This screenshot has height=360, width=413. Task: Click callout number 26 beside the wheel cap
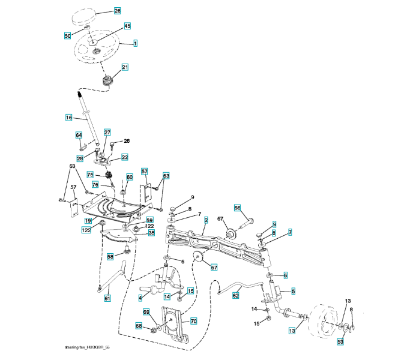coord(117,11)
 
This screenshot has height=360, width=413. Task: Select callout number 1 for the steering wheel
coord(136,44)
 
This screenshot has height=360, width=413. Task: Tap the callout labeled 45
coord(127,26)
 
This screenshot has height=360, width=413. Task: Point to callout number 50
coord(68,36)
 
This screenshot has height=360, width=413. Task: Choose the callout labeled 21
coord(125,67)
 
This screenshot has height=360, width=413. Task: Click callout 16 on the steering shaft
coord(69,118)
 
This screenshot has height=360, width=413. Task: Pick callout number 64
coord(79,136)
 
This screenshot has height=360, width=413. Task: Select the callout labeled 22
coord(125,157)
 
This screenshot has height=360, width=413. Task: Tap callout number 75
coord(90,175)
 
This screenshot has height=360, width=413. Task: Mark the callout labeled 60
coord(129,178)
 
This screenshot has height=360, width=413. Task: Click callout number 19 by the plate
coord(88,221)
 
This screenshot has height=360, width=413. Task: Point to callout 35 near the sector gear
coord(151,232)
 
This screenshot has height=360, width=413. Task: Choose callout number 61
coord(107,298)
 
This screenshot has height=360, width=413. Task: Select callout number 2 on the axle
coord(206,221)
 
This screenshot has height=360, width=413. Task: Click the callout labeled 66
coord(237,208)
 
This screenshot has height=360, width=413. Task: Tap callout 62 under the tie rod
coord(236,295)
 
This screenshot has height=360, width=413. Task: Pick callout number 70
coord(194,321)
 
